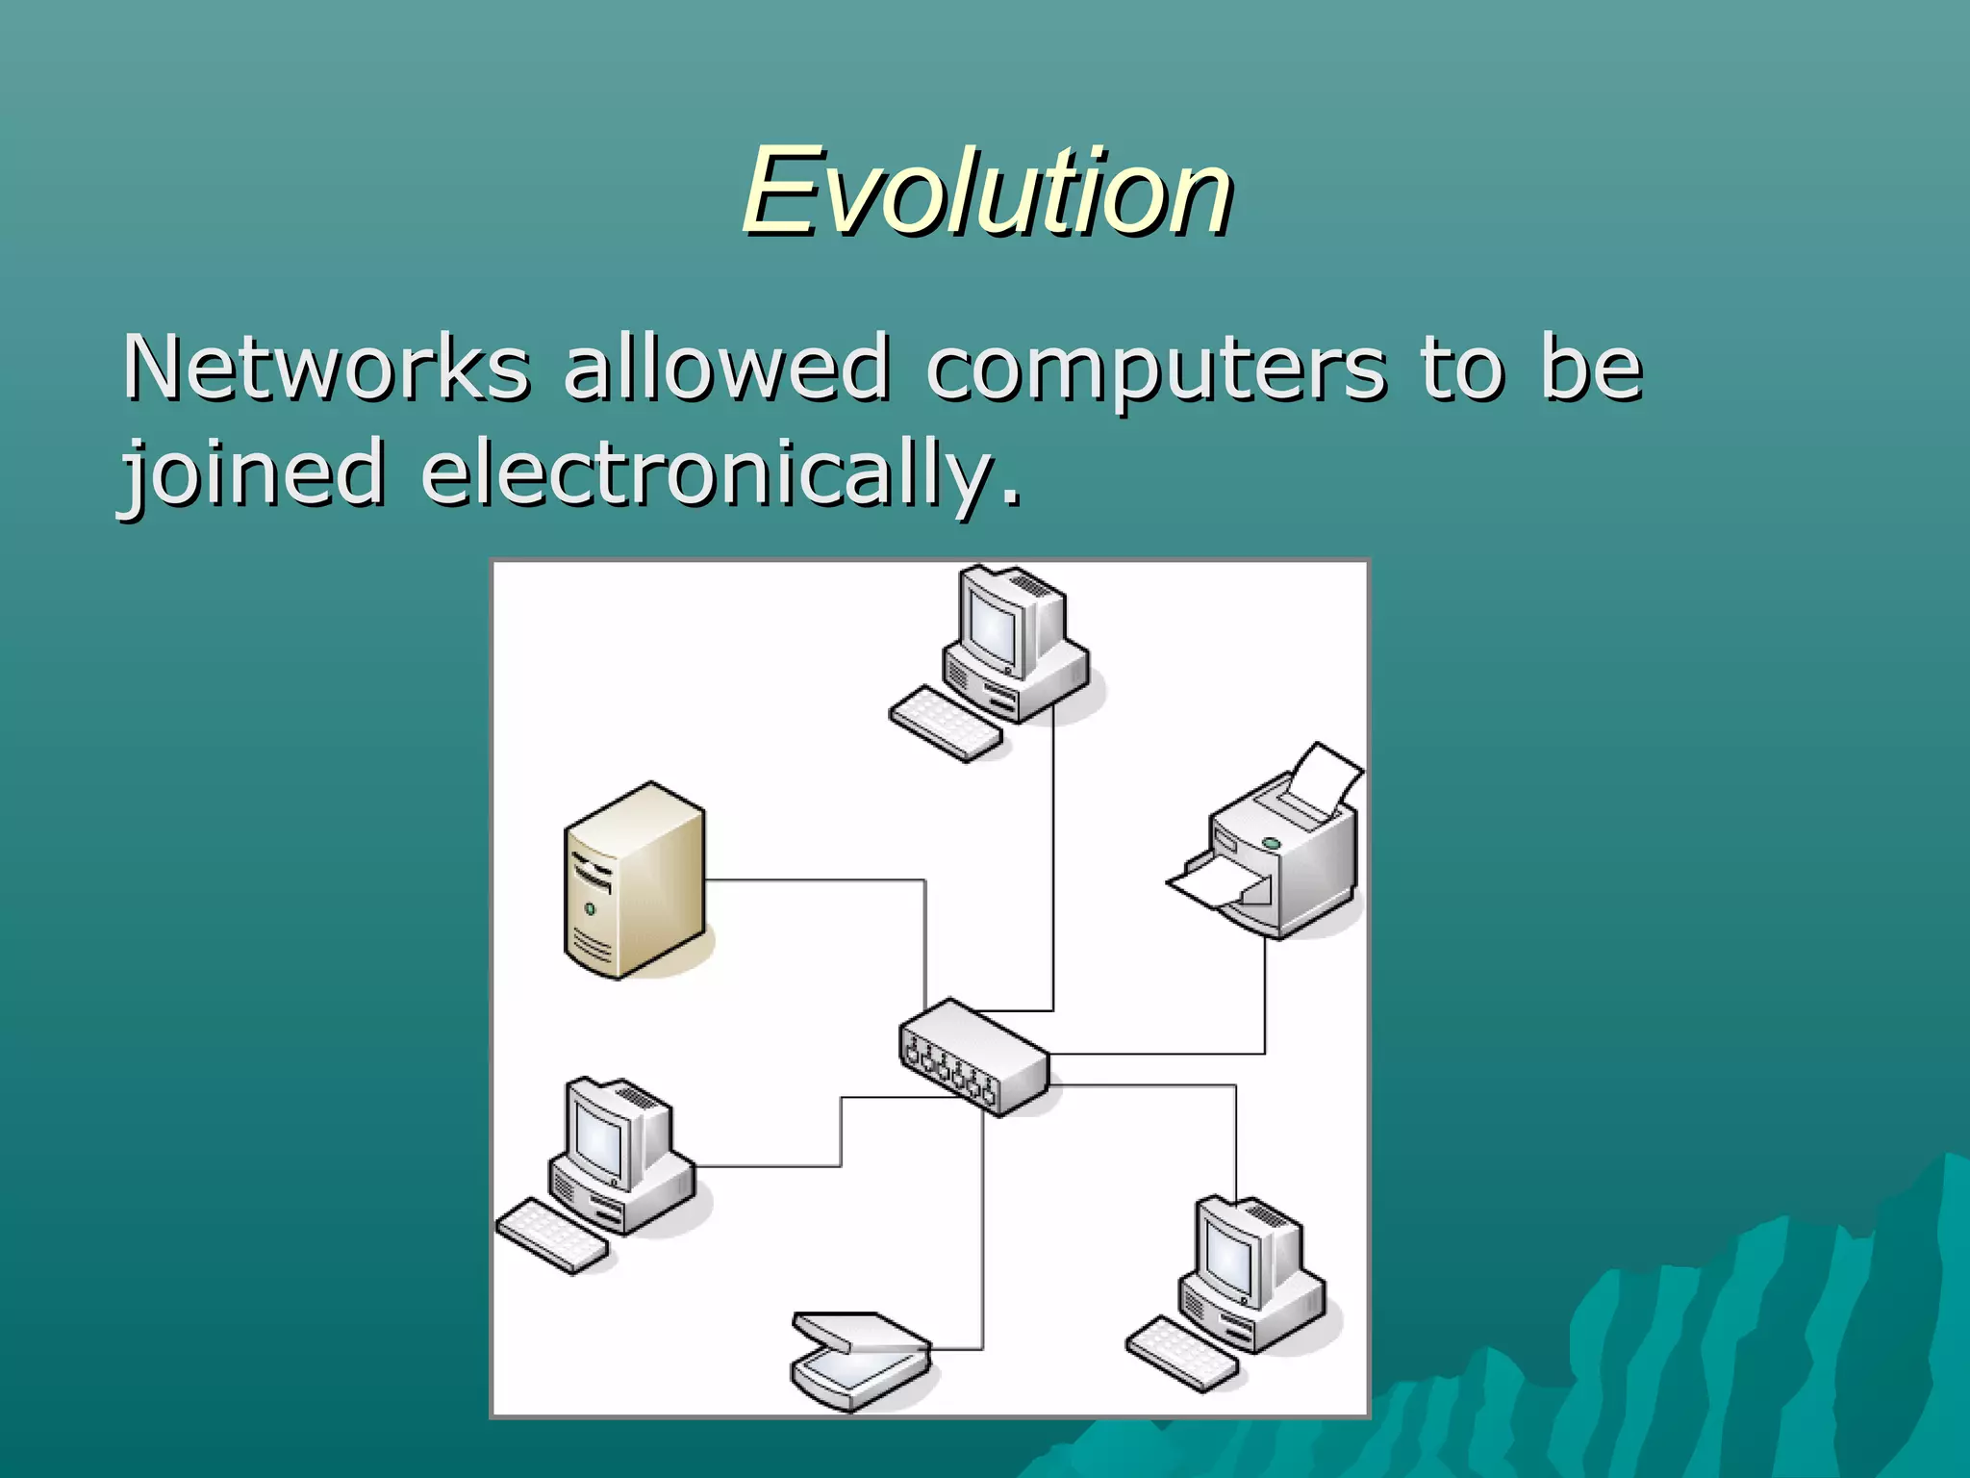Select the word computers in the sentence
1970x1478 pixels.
coord(1155,369)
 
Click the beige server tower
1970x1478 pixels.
coord(635,880)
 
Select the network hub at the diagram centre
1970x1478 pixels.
coord(973,1058)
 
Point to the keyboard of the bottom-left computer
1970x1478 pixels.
coord(552,1236)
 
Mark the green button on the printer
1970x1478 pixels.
coord(1271,843)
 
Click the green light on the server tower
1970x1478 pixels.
coord(590,908)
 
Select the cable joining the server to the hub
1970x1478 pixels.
coord(818,879)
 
